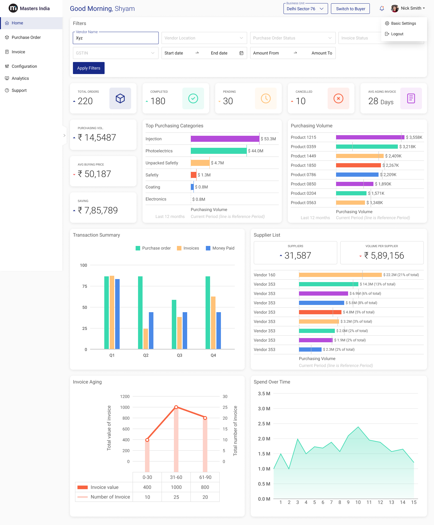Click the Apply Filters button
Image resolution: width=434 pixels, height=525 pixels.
pyautogui.click(x=89, y=68)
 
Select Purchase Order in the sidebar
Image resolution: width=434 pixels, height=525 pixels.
pyautogui.click(x=26, y=37)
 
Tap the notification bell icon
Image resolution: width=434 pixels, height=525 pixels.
pyautogui.click(x=382, y=8)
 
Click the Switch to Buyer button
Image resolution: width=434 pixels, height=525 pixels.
pyautogui.click(x=351, y=9)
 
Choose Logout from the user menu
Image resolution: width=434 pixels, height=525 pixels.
pyautogui.click(x=397, y=34)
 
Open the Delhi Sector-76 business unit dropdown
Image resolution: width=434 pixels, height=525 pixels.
pyautogui.click(x=305, y=9)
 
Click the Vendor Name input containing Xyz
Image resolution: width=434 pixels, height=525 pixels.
pyautogui.click(x=116, y=38)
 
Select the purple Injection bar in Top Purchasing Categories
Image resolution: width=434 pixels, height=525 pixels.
pyautogui.click(x=225, y=139)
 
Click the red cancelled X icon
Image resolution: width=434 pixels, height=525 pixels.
pyautogui.click(x=338, y=98)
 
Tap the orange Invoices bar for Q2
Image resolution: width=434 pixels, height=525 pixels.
pyautogui.click(x=146, y=339)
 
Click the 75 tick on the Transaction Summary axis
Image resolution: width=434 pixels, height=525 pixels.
pyautogui.click(x=85, y=286)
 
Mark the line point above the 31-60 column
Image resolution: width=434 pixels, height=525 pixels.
pyautogui.click(x=176, y=407)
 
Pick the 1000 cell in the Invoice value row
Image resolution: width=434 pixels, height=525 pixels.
pyautogui.click(x=176, y=487)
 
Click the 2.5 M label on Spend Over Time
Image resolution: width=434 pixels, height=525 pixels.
pyautogui.click(x=264, y=424)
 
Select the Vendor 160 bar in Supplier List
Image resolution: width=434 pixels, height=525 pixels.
pyautogui.click(x=340, y=275)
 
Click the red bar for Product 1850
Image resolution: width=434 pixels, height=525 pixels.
pyautogui.click(x=358, y=165)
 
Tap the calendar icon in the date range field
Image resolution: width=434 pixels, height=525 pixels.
pyautogui.click(x=241, y=53)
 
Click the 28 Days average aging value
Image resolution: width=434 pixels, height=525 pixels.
pyautogui.click(x=381, y=101)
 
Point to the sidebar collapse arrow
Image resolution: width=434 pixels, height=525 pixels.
pyautogui.click(x=64, y=135)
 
